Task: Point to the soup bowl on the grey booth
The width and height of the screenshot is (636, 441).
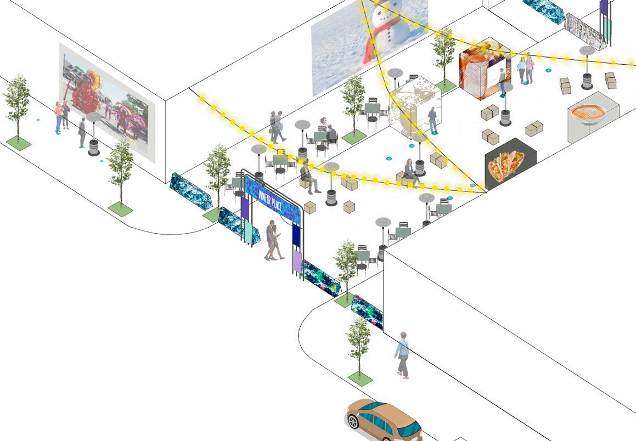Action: pyautogui.click(x=588, y=114)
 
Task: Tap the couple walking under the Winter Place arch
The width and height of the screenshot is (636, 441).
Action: pyautogui.click(x=274, y=240)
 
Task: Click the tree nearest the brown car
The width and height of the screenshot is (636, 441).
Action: pyautogui.click(x=359, y=343)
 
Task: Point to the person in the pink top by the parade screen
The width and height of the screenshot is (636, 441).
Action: pyautogui.click(x=58, y=117)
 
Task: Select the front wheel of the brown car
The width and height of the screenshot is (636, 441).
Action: pyautogui.click(x=353, y=421)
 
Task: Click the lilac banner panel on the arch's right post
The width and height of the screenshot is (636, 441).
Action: pyautogui.click(x=297, y=264)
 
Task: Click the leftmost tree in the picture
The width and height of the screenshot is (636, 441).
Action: pyautogui.click(x=17, y=107)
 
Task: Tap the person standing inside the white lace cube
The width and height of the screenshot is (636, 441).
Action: pyautogui.click(x=433, y=120)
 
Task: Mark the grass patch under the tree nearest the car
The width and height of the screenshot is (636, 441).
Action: pyautogui.click(x=360, y=378)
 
